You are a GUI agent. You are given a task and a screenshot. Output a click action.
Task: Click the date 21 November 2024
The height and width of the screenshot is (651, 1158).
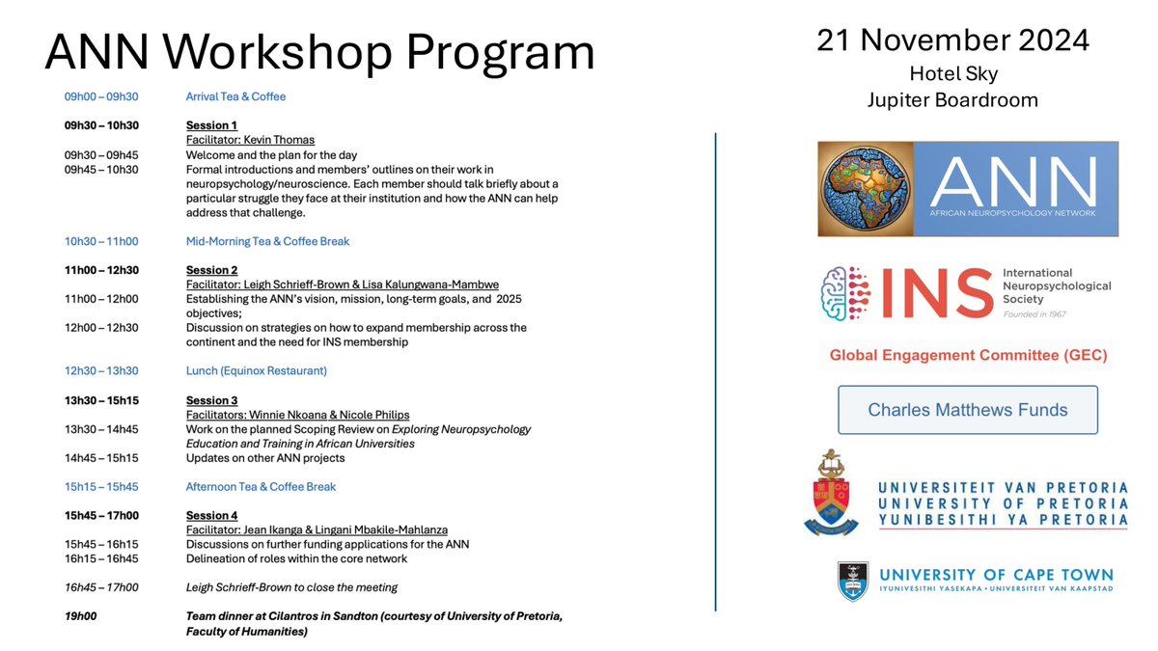(x=952, y=41)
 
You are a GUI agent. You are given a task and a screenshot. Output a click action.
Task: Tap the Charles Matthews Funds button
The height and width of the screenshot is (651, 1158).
(x=967, y=410)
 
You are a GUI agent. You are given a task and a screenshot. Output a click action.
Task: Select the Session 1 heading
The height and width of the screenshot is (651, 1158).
(x=211, y=125)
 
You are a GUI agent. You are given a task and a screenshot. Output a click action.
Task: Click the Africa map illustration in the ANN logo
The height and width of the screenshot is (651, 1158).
(x=866, y=189)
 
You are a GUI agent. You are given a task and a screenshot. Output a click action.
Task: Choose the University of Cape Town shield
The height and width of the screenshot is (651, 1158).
(x=852, y=581)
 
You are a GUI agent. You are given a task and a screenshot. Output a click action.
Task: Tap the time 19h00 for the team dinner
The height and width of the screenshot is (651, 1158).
(x=80, y=616)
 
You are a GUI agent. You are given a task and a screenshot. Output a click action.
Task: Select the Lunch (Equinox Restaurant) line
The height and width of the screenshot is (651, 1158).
(x=256, y=370)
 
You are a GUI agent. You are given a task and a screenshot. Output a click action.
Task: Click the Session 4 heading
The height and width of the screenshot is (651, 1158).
(x=211, y=515)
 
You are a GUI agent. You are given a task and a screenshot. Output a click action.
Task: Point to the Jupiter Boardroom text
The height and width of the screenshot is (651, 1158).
(x=952, y=99)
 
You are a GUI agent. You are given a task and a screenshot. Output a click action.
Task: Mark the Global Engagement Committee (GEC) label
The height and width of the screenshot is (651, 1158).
(x=968, y=356)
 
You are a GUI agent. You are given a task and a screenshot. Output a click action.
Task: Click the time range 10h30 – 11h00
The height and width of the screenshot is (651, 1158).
(x=100, y=241)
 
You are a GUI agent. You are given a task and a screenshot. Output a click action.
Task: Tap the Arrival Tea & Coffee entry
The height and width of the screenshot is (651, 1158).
(x=235, y=96)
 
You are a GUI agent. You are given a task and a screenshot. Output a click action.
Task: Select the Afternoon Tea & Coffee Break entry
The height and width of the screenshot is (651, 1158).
(x=261, y=486)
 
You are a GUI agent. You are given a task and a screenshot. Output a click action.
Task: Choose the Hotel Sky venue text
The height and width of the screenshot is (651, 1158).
(x=952, y=73)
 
